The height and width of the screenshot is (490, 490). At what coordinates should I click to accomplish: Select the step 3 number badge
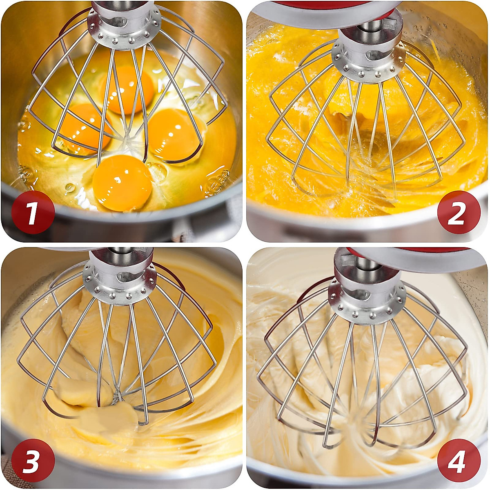(x=33, y=460)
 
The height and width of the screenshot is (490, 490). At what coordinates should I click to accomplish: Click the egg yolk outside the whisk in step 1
(x=122, y=183)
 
